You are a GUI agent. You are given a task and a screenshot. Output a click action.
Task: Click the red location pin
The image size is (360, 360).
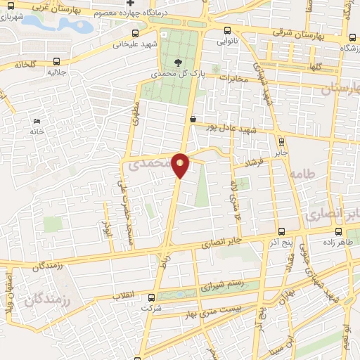click(181, 165)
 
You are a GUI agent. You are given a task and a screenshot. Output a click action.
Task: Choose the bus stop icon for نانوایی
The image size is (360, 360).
click(227, 31)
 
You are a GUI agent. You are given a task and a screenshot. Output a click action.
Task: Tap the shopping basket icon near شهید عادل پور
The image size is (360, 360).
click(193, 119)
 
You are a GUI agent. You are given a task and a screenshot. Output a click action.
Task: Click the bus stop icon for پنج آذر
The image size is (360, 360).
click(281, 231)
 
